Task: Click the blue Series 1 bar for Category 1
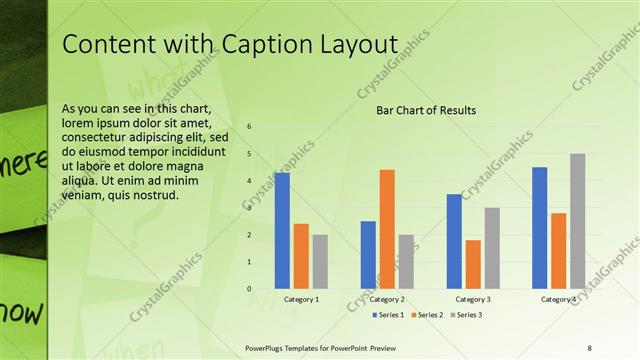click(x=282, y=230)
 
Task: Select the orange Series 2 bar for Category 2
click(x=387, y=229)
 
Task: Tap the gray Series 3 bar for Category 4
click(x=578, y=221)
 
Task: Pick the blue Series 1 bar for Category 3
click(x=454, y=241)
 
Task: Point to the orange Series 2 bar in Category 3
click(x=473, y=264)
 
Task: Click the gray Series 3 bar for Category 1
click(x=320, y=261)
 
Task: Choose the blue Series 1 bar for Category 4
click(x=540, y=227)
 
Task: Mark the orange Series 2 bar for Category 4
click(x=559, y=250)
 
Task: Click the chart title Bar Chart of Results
click(x=425, y=110)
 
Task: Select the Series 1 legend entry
click(x=390, y=315)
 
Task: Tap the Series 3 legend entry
click(x=467, y=315)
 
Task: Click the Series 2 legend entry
click(x=428, y=315)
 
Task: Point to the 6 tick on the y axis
click(x=249, y=126)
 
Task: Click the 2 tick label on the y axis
click(x=249, y=234)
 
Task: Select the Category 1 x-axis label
click(x=302, y=299)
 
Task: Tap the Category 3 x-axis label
click(x=473, y=299)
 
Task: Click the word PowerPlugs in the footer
click(x=269, y=346)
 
